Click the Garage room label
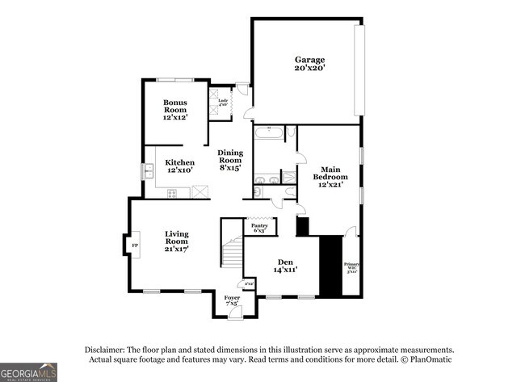click(x=309, y=64)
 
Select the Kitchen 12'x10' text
click(x=179, y=166)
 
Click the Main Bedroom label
click(x=330, y=177)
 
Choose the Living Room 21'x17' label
click(x=176, y=241)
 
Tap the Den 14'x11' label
click(x=284, y=266)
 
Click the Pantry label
click(x=261, y=228)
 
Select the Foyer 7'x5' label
click(x=233, y=301)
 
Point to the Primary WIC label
click(x=351, y=267)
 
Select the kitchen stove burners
click(x=172, y=192)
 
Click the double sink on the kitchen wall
click(x=149, y=171)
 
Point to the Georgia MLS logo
click(x=29, y=372)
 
